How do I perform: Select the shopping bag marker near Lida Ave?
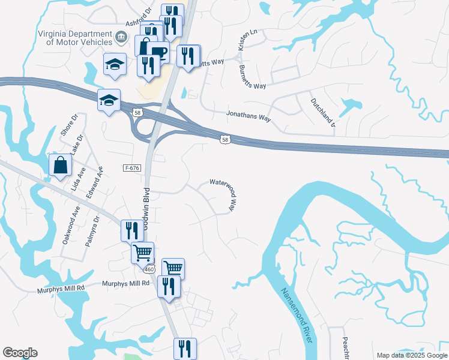pyautogui.click(x=61, y=166)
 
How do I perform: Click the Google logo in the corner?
pyautogui.click(x=20, y=353)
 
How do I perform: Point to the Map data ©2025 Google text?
pyautogui.click(x=411, y=355)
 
